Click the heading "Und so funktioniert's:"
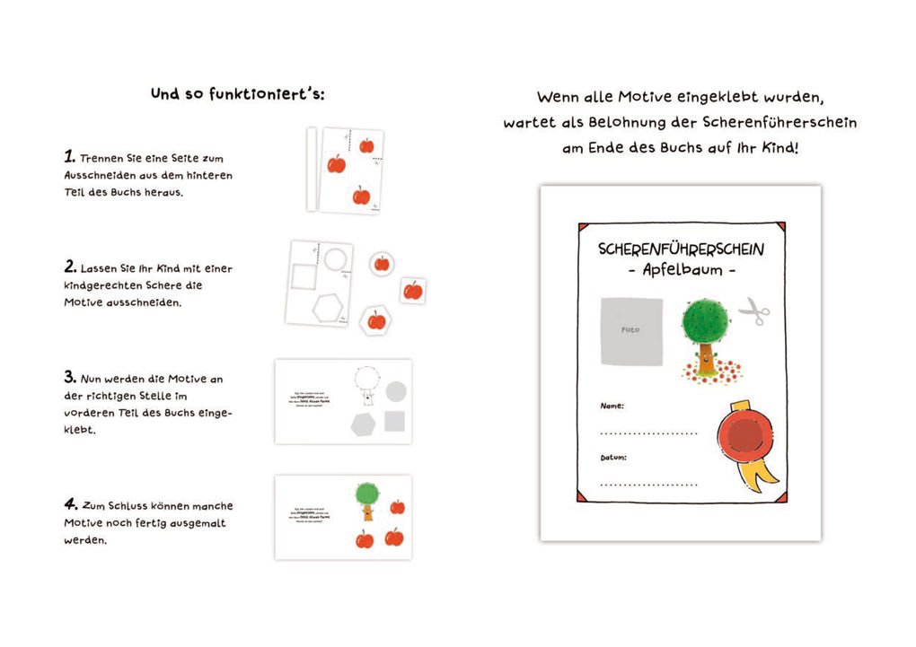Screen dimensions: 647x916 237,93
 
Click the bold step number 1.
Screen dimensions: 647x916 69,156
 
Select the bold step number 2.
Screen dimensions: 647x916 70,267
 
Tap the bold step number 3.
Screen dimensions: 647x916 70,377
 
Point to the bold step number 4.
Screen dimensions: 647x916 70,504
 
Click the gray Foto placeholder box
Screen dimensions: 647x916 631,330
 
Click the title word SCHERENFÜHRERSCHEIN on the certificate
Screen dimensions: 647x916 681,249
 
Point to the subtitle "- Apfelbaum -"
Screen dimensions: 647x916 682,270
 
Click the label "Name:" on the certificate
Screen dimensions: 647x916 612,406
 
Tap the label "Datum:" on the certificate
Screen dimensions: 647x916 614,458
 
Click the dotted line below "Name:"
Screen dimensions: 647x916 648,433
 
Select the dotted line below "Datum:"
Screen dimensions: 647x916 648,485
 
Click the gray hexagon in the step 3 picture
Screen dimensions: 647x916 363,424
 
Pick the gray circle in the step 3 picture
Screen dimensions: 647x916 395,391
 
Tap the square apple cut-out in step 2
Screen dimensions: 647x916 412,291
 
